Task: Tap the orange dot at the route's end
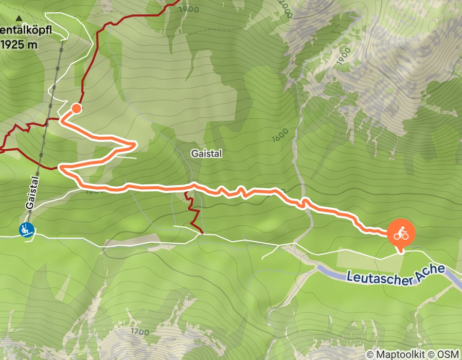76,108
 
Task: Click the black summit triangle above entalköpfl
19,19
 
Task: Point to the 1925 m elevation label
19,44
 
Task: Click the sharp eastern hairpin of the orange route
134,146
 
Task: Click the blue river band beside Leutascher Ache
329,271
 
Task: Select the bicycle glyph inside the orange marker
401,235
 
